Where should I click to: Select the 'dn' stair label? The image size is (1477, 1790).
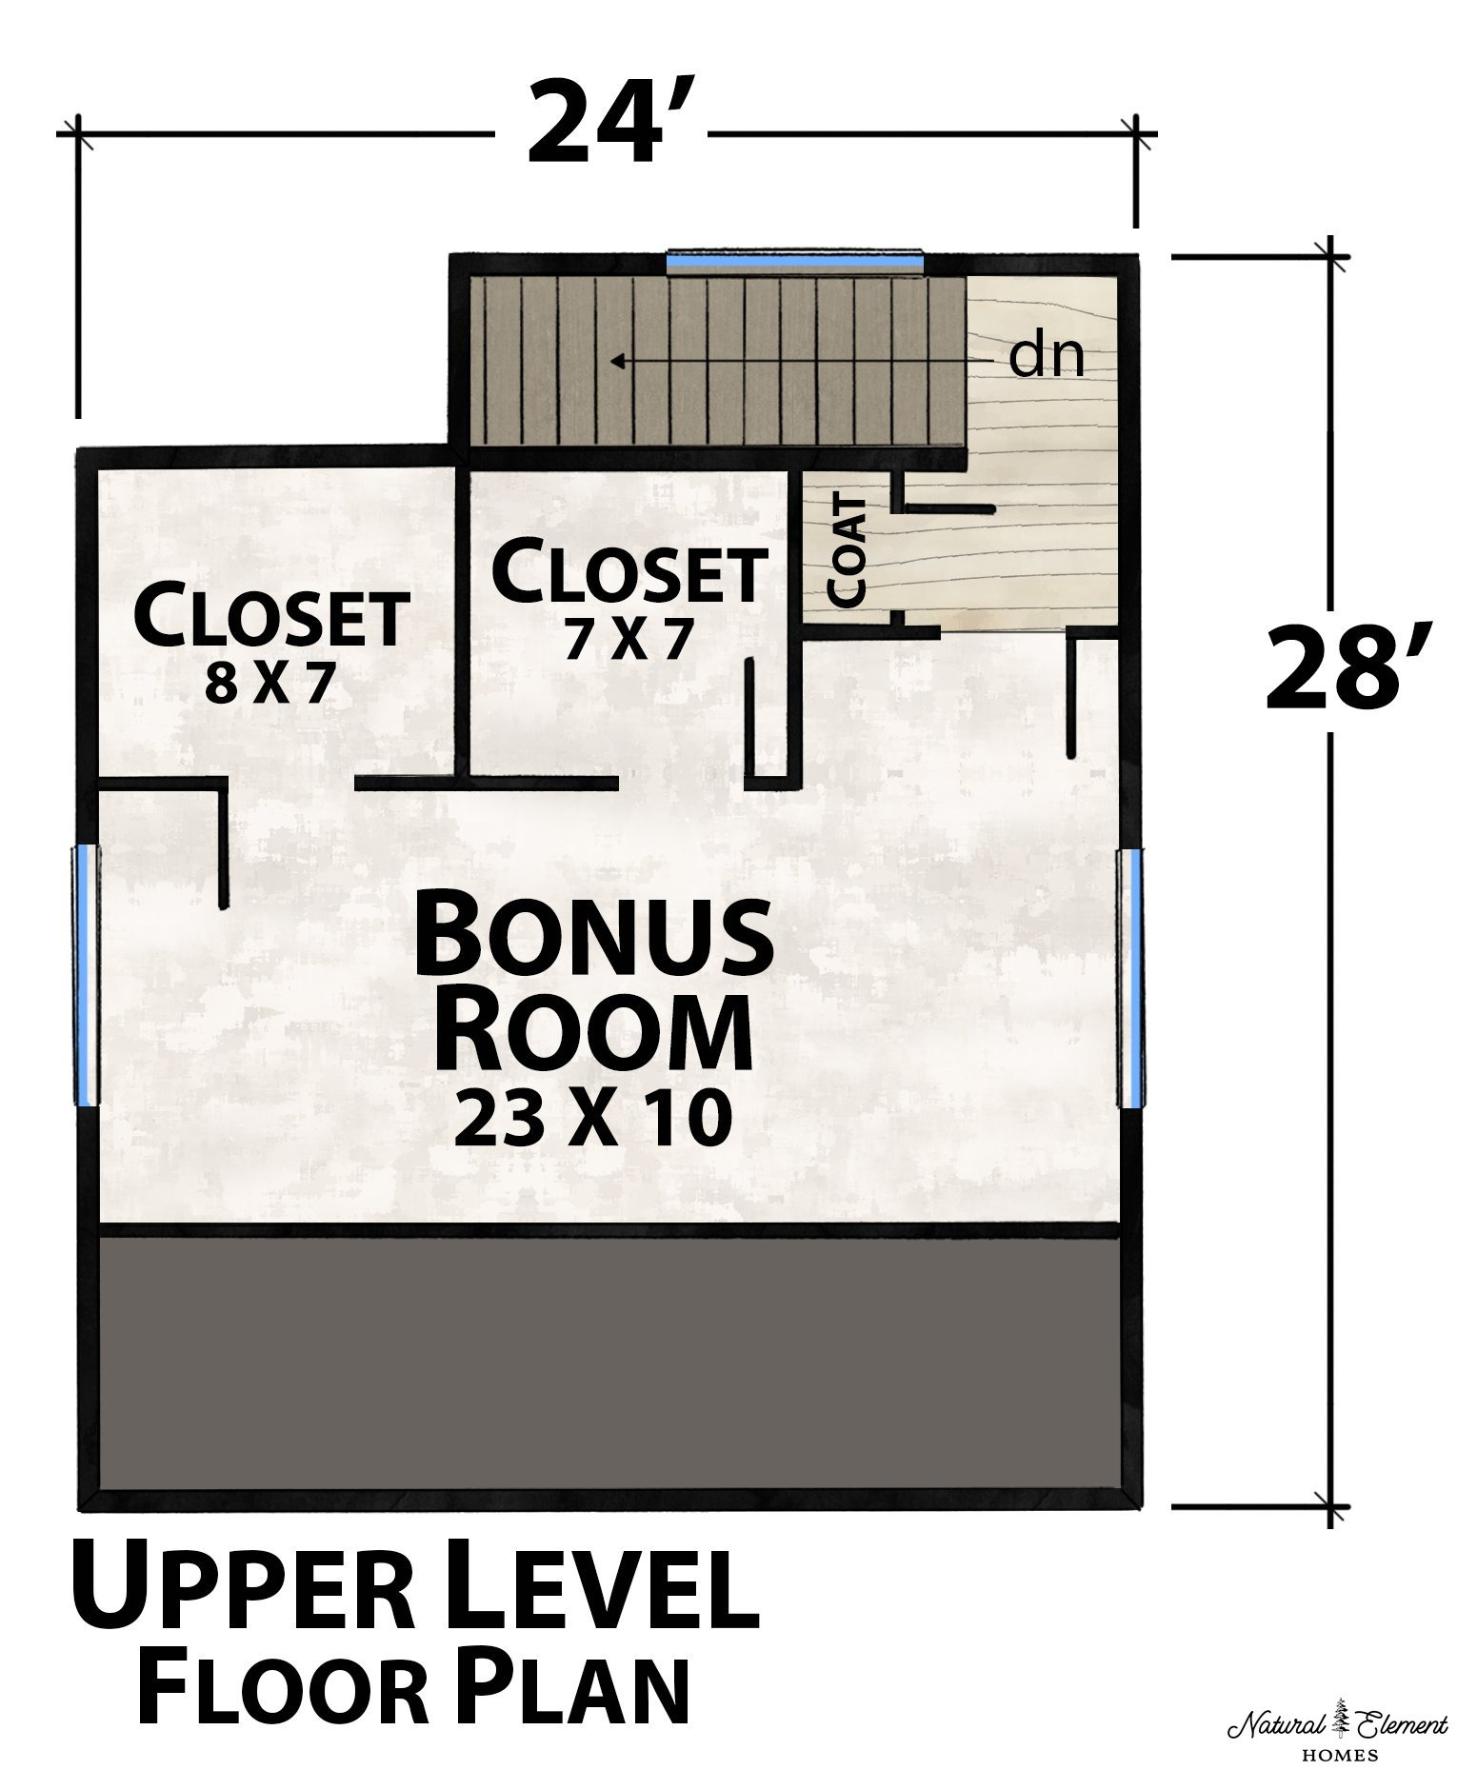pyautogui.click(x=1047, y=356)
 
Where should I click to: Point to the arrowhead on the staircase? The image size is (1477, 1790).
pyautogui.click(x=618, y=361)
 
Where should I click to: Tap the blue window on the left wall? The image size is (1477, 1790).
pyautogui.click(x=87, y=973)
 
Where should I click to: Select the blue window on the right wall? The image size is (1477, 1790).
pyautogui.click(x=1129, y=978)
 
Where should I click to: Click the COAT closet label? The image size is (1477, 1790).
pyautogui.click(x=848, y=551)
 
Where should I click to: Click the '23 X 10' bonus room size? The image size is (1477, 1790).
pyautogui.click(x=592, y=1118)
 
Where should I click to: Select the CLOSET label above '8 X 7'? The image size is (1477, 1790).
pyautogui.click(x=272, y=616)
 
